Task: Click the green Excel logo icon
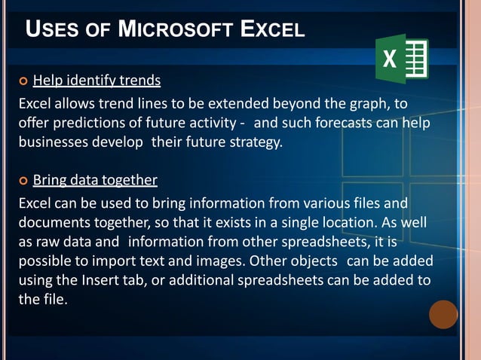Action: [402, 58]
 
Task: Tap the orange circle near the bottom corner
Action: [443, 314]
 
